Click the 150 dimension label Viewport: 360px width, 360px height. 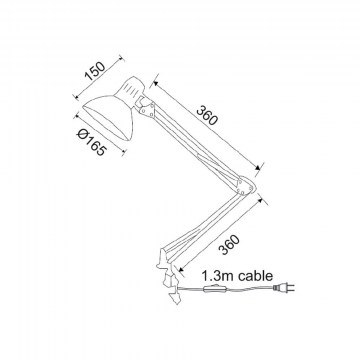tap(95, 72)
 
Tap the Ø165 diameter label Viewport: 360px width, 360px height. tap(92, 142)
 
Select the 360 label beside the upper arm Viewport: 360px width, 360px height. tap(207, 115)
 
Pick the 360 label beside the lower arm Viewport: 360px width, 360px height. tap(229, 245)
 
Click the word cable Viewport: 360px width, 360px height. tap(255, 276)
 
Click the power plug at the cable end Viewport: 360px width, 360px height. tap(284, 287)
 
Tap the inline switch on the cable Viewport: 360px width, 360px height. tap(215, 289)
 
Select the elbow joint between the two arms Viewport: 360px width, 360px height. tap(247, 186)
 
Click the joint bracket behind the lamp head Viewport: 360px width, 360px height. tap(147, 107)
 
